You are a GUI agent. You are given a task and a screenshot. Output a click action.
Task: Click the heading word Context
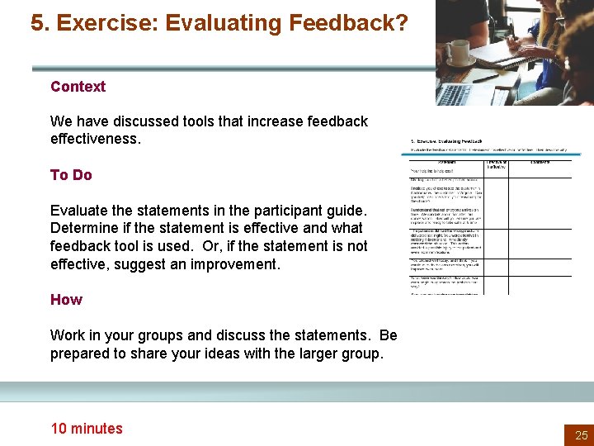(78, 87)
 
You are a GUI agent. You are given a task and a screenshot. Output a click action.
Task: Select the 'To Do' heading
(71, 175)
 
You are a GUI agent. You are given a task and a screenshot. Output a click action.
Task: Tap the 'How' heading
(66, 300)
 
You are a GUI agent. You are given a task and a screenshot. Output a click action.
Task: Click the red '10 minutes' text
(87, 428)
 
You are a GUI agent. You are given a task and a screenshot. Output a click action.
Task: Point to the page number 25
(581, 434)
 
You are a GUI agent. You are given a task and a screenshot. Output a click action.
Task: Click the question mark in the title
(399, 23)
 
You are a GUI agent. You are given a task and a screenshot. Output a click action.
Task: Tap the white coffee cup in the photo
(459, 52)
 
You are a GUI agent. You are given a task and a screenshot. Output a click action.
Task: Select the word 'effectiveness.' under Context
(96, 139)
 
